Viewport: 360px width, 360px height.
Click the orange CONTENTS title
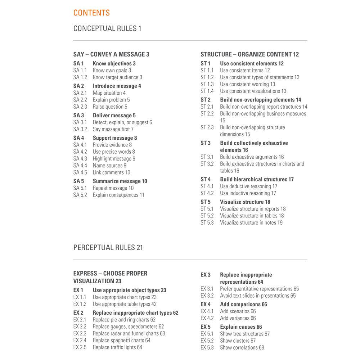coord(91,13)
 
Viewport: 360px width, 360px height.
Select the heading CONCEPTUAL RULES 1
coord(107,28)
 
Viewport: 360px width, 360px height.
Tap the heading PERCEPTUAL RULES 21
coord(108,248)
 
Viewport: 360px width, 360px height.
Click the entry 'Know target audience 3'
coord(117,77)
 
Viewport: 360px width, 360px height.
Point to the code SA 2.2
coord(80,100)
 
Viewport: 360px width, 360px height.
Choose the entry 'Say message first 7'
coord(113,129)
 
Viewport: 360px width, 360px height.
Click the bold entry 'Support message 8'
coord(115,138)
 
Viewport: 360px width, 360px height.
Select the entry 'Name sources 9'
coord(109,166)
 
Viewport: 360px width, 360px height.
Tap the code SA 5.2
coord(80,195)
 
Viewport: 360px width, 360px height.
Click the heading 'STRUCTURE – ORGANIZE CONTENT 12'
coord(249,54)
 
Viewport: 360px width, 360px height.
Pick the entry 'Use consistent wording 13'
coord(247,84)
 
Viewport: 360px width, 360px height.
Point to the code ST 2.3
coord(207,127)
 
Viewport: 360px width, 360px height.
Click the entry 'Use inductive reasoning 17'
coord(248,193)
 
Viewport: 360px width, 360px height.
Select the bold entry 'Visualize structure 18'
coord(245,202)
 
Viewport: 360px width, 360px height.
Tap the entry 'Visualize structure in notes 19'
coord(251,223)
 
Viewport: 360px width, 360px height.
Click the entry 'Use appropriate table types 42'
coord(125,304)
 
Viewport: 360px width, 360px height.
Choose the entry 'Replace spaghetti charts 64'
coord(121,341)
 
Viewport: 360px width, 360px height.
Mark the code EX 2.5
coord(80,347)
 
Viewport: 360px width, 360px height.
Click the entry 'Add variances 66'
coord(238,318)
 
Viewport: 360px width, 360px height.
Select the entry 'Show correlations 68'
coord(242,348)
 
